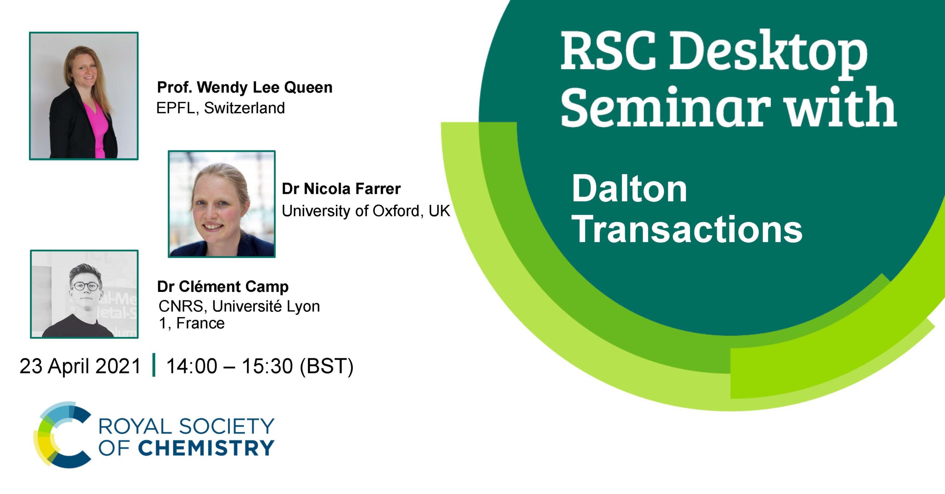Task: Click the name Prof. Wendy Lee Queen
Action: pos(245,88)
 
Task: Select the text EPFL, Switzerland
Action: pos(220,108)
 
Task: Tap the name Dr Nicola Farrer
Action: pos(341,189)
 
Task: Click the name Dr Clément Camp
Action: pos(223,287)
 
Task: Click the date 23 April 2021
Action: pos(80,366)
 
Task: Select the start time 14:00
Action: pos(192,366)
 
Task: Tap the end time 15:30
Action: pos(267,366)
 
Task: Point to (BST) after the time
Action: pos(327,366)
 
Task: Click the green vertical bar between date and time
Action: pos(154,365)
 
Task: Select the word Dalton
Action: pos(629,189)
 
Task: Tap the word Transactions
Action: pos(687,229)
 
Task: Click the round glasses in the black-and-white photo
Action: pos(85,286)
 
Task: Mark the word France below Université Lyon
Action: pos(200,323)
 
